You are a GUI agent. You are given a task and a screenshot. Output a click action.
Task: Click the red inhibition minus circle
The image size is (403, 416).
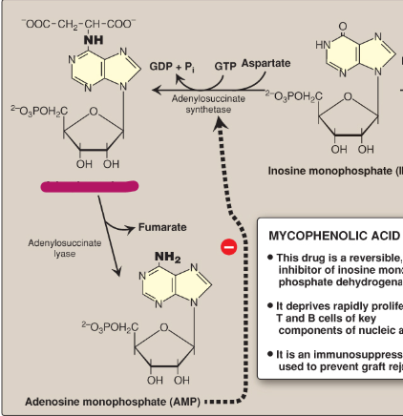click(229, 248)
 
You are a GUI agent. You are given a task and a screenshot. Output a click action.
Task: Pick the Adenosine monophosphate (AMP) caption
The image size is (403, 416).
click(112, 402)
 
